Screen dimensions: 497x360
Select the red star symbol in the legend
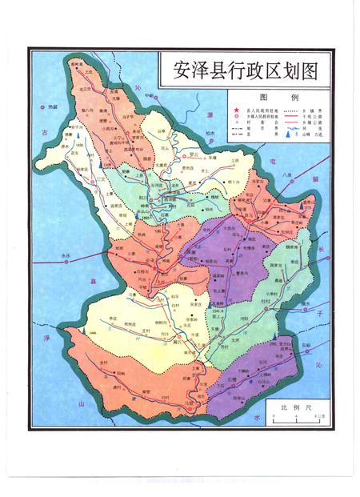(236, 109)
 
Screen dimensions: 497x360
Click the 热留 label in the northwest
(53, 106)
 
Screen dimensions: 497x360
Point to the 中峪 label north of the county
(149, 95)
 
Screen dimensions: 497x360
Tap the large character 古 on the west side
(46, 130)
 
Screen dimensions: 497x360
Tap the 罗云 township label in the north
(193, 154)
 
